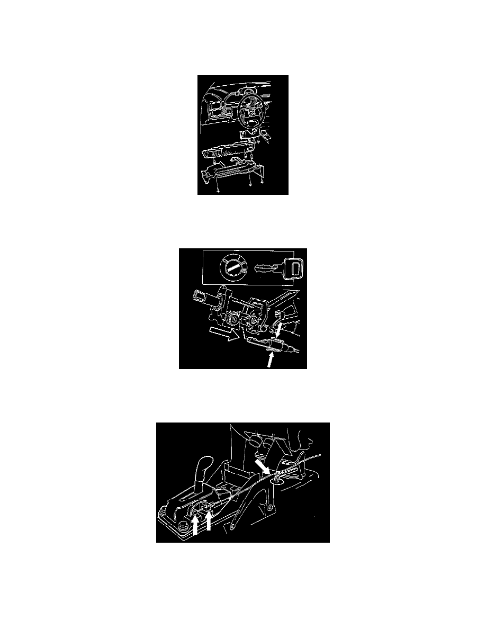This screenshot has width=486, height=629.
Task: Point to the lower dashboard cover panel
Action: point(228,152)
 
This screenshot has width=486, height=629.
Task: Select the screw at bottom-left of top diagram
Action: point(218,190)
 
